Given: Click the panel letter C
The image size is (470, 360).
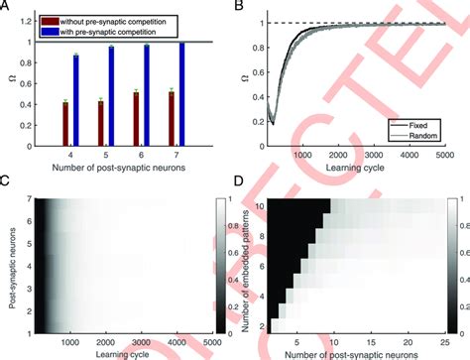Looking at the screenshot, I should tap(6, 180).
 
